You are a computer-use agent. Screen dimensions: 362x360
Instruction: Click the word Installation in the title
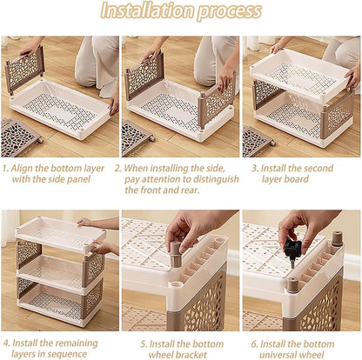[148, 11]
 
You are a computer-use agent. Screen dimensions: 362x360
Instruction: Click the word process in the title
[230, 12]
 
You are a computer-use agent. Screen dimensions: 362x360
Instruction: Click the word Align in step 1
[21, 169]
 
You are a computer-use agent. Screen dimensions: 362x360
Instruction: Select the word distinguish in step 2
[216, 180]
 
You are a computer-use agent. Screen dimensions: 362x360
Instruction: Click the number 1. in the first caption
[6, 169]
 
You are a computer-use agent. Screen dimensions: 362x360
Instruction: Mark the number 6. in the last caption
[255, 344]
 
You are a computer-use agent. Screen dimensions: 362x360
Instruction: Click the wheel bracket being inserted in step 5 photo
[176, 254]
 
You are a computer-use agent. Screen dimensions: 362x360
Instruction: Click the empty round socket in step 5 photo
[177, 283]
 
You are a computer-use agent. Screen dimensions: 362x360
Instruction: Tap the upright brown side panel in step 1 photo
[24, 70]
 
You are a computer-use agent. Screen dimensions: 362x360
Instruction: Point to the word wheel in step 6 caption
[312, 355]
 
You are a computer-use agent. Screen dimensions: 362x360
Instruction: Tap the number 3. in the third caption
[255, 169]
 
